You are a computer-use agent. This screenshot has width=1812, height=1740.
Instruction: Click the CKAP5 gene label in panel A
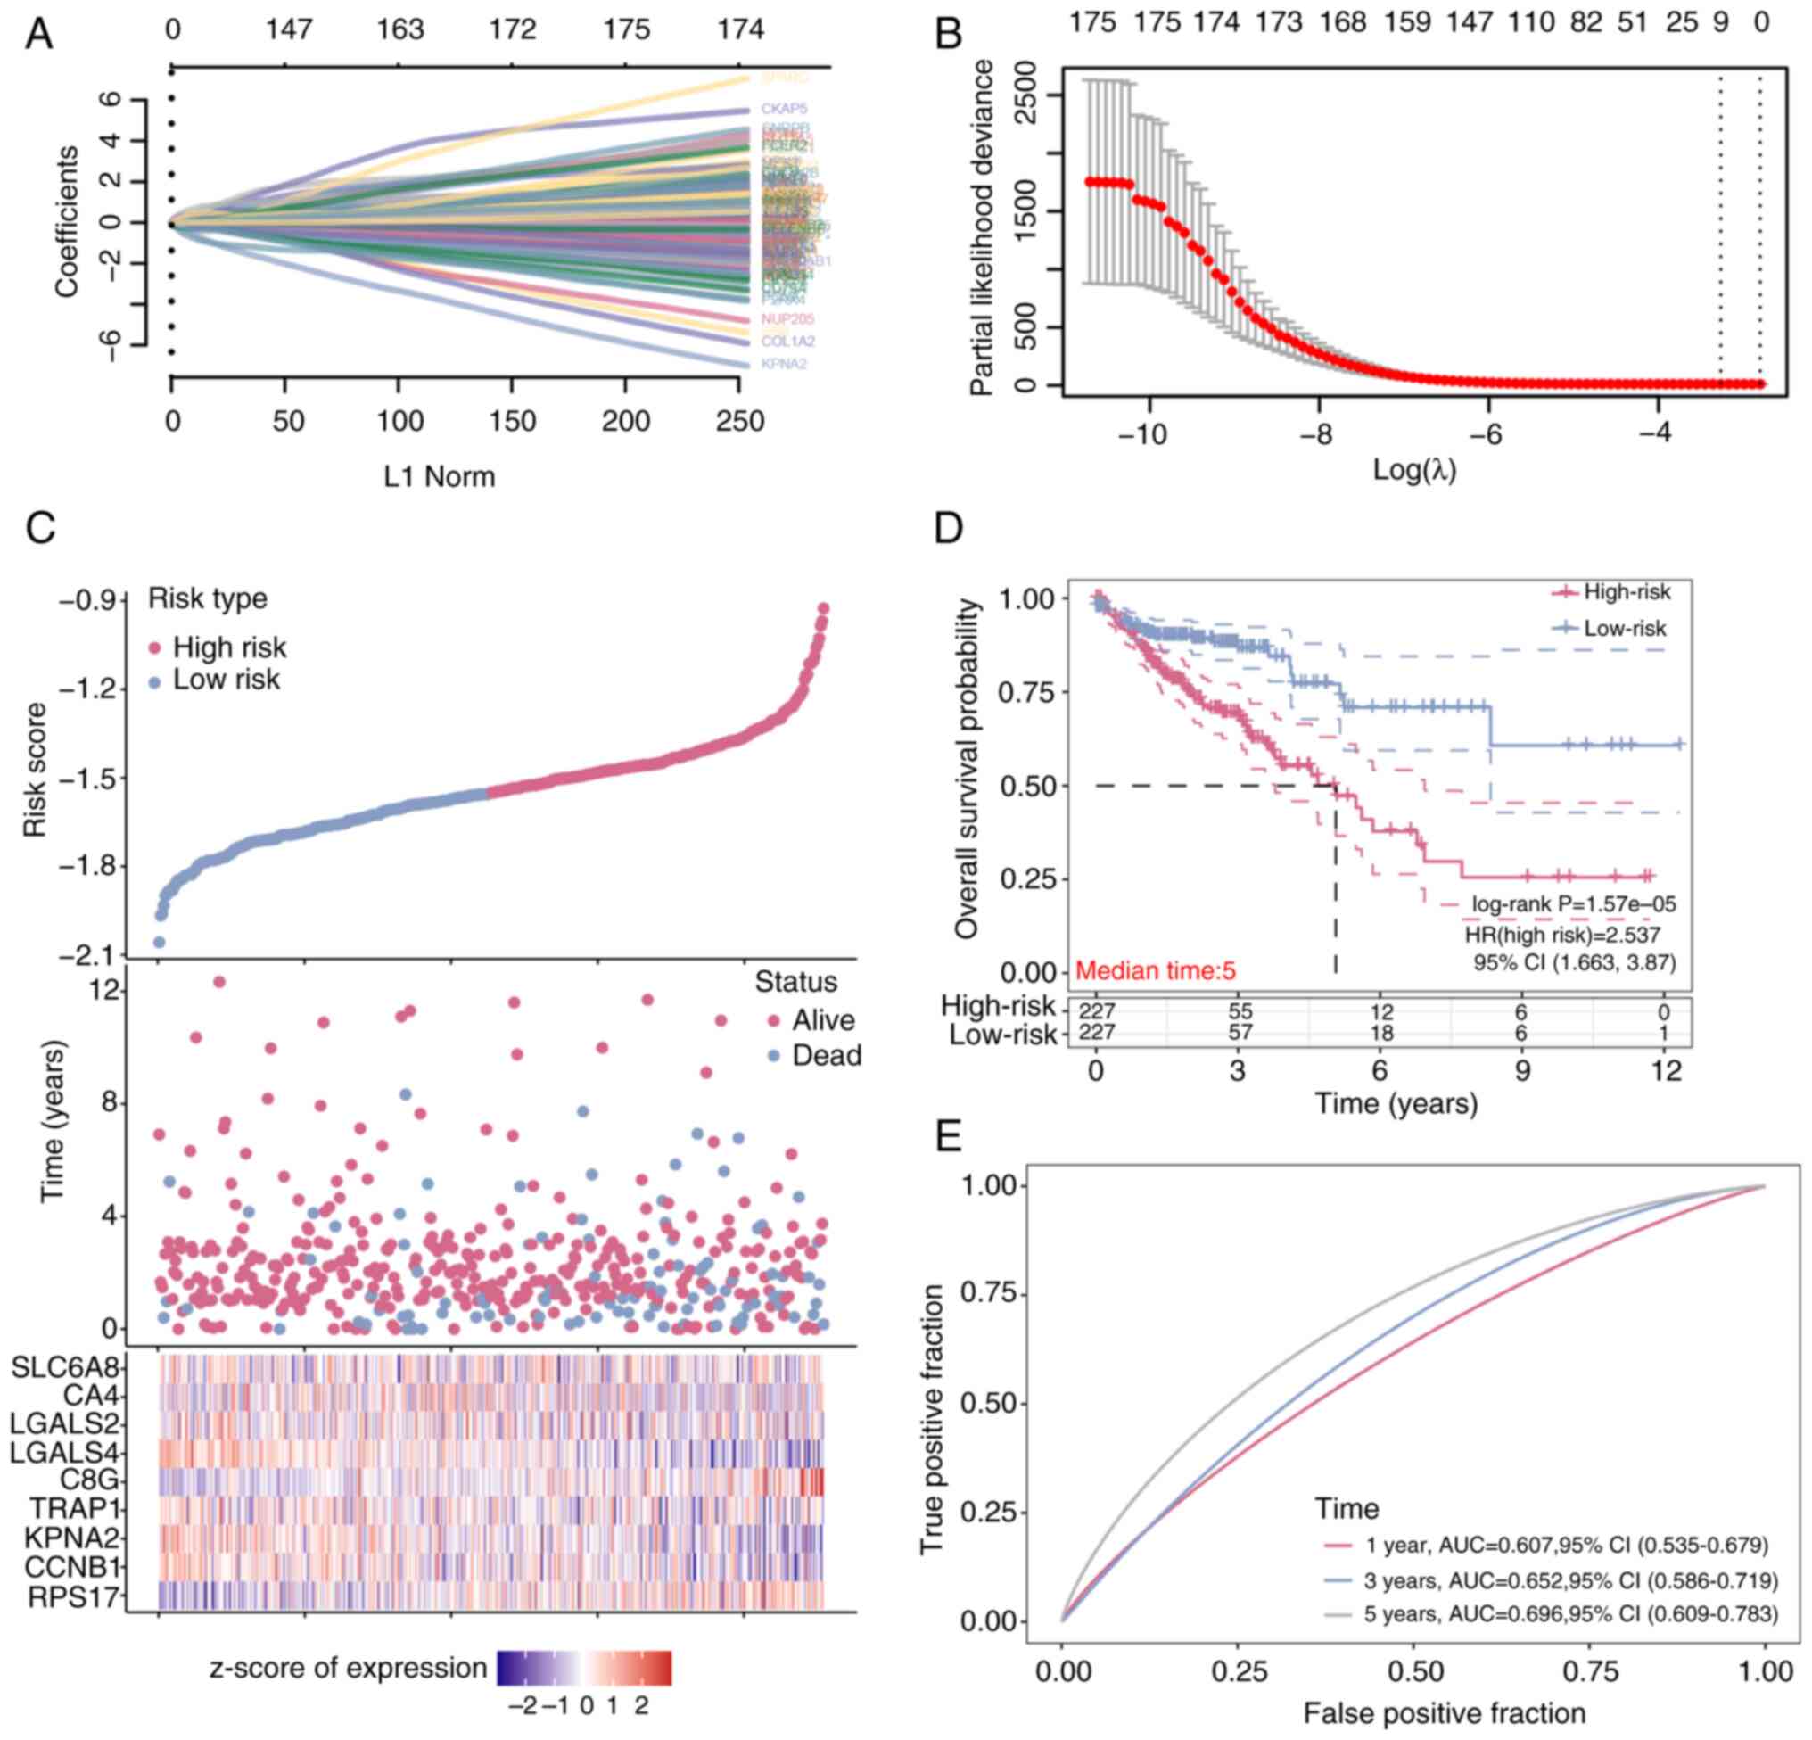coord(784,109)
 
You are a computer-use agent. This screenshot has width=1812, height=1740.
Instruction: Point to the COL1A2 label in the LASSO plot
coord(787,342)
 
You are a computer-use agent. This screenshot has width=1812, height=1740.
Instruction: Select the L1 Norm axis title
coord(440,476)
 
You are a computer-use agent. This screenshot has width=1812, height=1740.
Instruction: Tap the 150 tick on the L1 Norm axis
coord(512,422)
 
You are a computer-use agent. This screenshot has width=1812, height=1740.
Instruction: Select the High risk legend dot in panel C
coord(155,647)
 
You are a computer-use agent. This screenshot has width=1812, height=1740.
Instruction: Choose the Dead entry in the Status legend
coord(826,1055)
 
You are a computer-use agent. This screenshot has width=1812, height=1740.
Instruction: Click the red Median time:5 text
coord(1156,970)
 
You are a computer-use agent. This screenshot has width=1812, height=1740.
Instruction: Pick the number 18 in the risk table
coord(1381,1035)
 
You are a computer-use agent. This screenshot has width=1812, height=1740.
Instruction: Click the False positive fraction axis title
coord(1444,1713)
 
